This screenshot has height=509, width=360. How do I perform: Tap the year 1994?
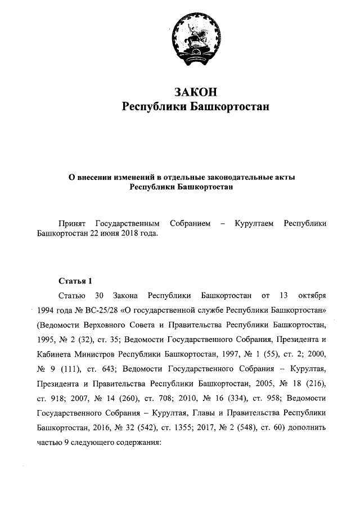[46, 310]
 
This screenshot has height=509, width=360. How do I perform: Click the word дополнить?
[309, 428]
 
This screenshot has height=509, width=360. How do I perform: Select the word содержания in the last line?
[137, 443]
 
